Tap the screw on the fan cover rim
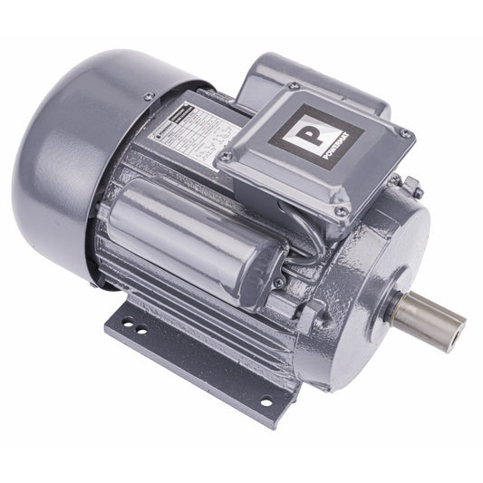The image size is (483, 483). (x=148, y=97)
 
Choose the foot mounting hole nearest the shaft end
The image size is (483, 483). (x=266, y=401)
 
